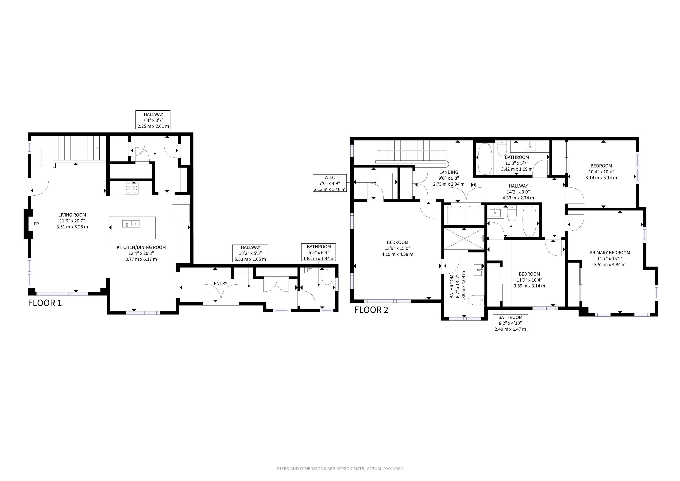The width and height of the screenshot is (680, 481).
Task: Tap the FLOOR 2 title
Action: (371, 310)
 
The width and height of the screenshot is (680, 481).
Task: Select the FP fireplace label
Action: (36, 224)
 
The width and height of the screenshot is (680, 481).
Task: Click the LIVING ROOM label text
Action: (72, 215)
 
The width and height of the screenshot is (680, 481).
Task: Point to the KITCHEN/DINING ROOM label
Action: (141, 247)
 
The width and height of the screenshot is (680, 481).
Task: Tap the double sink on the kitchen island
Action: (131, 223)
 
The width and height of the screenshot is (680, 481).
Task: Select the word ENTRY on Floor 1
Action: (221, 283)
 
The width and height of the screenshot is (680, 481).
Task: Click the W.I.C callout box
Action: (330, 183)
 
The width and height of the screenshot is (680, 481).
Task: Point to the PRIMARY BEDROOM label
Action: (610, 253)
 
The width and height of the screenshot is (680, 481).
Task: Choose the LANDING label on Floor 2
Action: (449, 172)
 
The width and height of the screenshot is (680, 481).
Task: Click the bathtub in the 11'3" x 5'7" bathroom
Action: (485, 159)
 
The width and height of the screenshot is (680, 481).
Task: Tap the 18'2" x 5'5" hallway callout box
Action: (250, 253)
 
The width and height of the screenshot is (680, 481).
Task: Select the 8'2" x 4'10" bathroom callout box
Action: (510, 323)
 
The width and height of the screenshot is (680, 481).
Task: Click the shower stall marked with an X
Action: (464, 239)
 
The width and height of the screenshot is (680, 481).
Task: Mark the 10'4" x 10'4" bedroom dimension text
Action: (601, 172)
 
